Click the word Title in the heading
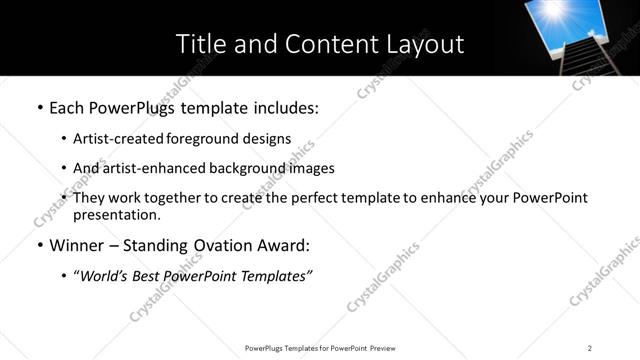tap(200, 44)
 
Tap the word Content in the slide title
tap(325, 44)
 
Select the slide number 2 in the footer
tap(590, 348)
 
